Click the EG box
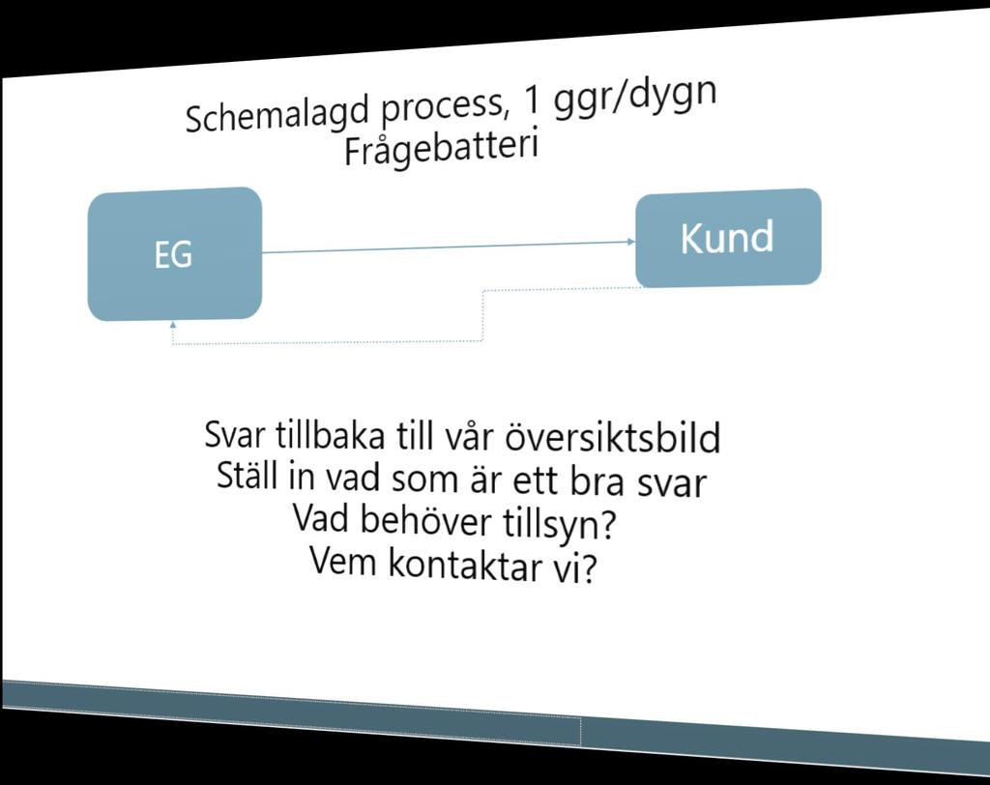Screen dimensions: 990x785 (x=175, y=254)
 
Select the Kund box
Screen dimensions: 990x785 (x=728, y=238)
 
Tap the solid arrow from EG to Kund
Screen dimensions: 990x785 (x=449, y=247)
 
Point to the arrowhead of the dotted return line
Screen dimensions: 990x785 (x=173, y=325)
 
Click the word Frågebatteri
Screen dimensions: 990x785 (x=442, y=147)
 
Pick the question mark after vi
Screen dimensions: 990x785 (x=589, y=569)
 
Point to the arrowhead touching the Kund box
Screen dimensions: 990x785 (x=631, y=242)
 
